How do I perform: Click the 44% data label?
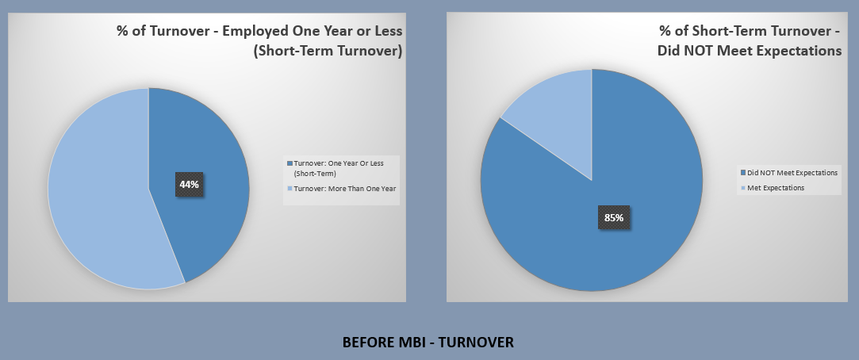click(189, 185)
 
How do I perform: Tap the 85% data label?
click(614, 217)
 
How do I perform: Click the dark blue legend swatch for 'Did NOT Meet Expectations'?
click(743, 173)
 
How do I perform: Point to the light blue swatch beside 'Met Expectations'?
click(743, 188)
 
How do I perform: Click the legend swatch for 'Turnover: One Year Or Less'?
click(290, 163)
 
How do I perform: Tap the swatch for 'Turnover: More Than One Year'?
click(290, 189)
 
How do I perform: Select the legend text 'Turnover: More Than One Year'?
click(344, 189)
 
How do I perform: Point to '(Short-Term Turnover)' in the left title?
click(328, 51)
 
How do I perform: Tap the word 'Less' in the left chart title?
click(388, 31)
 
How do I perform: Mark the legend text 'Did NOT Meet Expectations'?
click(792, 173)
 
